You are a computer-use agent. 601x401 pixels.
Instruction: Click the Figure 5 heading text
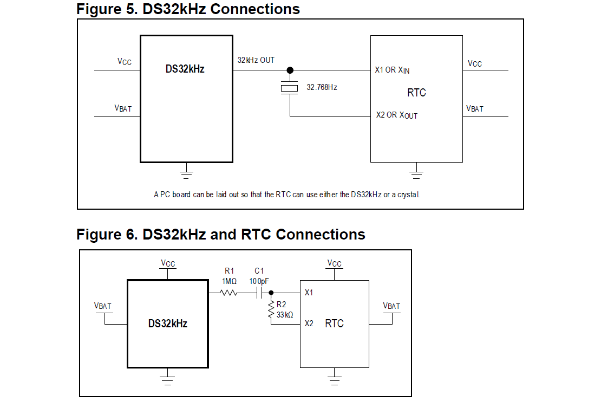188,9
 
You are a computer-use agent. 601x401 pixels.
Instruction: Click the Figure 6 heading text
220,235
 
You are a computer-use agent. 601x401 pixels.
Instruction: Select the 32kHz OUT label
256,60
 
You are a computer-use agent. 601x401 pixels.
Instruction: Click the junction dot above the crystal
290,70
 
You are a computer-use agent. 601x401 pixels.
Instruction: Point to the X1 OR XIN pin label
392,70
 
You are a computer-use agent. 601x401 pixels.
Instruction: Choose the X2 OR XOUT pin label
396,115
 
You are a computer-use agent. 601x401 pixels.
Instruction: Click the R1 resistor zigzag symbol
228,293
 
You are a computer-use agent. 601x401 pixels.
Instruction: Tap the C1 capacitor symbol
259,293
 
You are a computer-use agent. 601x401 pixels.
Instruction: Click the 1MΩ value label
228,281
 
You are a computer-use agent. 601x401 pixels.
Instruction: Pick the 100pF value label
259,281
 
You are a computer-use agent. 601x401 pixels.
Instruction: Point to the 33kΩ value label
285,314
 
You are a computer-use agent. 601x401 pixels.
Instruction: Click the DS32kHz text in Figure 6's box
168,324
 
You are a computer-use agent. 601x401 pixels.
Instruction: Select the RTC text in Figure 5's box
416,93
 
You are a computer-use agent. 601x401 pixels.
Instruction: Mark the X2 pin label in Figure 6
309,324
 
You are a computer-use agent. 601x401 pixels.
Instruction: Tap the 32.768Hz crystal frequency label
322,87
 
